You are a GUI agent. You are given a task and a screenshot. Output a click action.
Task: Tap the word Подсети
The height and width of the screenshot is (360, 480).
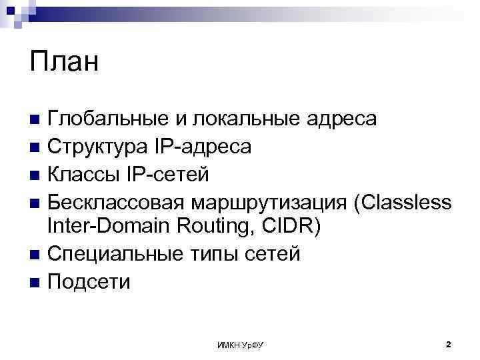pyautogui.click(x=89, y=281)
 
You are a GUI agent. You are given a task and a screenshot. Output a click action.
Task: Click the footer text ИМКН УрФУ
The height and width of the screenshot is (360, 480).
pyautogui.click(x=240, y=345)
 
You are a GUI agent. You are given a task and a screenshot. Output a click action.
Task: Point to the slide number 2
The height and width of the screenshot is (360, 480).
pyautogui.click(x=448, y=344)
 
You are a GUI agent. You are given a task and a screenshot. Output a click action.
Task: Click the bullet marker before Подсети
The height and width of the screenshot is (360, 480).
pyautogui.click(x=35, y=282)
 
